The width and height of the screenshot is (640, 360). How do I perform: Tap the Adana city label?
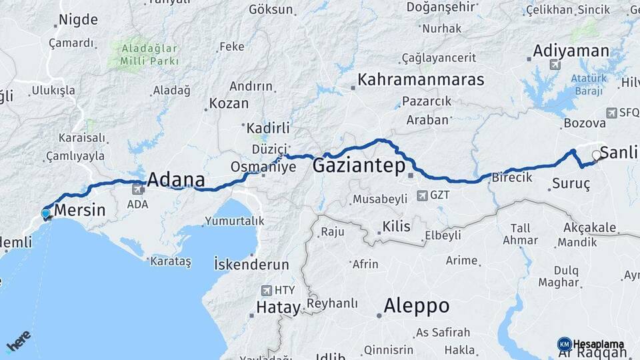click(175, 179)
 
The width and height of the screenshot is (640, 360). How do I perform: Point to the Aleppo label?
click(416, 306)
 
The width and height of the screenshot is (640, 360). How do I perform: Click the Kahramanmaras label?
click(421, 79)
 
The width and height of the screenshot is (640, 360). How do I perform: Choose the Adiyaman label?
click(571, 51)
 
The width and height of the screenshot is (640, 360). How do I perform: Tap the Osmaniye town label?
click(263, 166)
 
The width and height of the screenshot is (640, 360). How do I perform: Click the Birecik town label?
click(511, 177)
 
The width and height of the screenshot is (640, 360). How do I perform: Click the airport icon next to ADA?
click(138, 189)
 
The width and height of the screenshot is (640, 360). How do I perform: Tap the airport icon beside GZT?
click(422, 195)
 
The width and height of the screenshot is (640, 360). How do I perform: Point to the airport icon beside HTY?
click(267, 290)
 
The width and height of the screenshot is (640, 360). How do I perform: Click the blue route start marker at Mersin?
click(45, 213)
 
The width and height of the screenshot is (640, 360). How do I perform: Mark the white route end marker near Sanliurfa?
click(596, 155)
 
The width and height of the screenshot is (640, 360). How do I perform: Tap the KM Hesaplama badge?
click(591, 344)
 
